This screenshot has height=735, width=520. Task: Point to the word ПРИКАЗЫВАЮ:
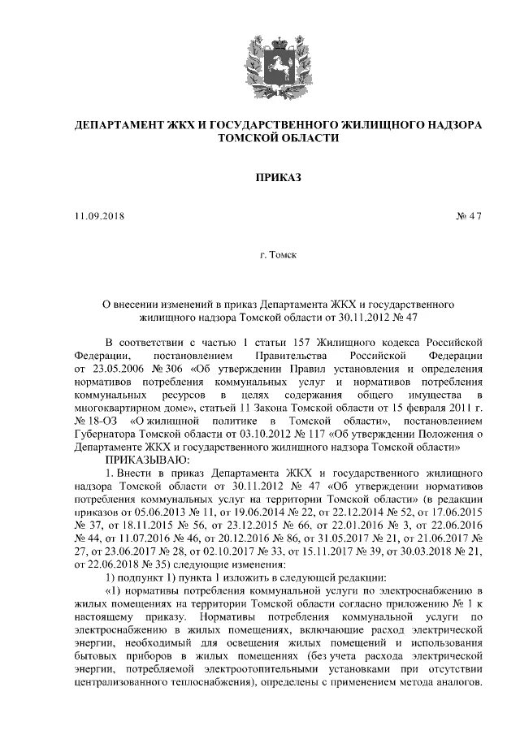point(145,459)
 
